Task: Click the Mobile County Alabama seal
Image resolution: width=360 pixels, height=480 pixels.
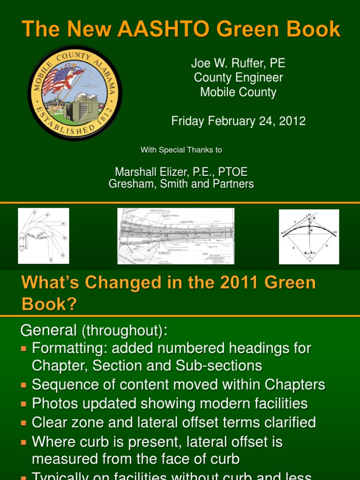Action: [x=75, y=93]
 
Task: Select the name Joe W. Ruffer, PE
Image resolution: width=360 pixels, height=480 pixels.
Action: [x=238, y=63]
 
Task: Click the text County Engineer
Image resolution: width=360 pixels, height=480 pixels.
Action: [x=238, y=77]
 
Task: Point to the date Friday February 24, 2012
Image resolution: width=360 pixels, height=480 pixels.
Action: [x=238, y=121]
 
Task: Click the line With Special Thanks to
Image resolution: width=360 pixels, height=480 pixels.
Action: [x=181, y=150]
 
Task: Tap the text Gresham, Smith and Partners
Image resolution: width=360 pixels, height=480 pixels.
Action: [x=181, y=184]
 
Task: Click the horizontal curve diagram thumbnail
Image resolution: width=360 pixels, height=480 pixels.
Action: [x=309, y=237]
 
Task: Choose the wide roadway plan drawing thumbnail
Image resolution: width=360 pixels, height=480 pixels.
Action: [x=176, y=236]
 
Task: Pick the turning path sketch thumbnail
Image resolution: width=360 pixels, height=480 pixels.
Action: [x=44, y=236]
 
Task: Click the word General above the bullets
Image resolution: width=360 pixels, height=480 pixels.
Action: [x=48, y=330]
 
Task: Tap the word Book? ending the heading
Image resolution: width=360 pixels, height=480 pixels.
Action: [x=49, y=304]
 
